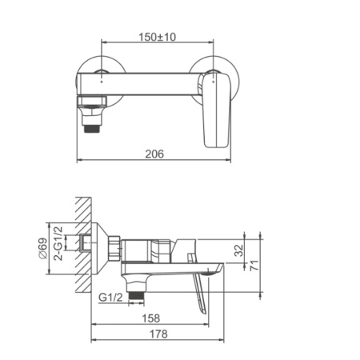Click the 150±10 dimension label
tap(157, 38)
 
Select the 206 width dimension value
tap(157, 154)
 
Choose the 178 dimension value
tap(158, 335)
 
